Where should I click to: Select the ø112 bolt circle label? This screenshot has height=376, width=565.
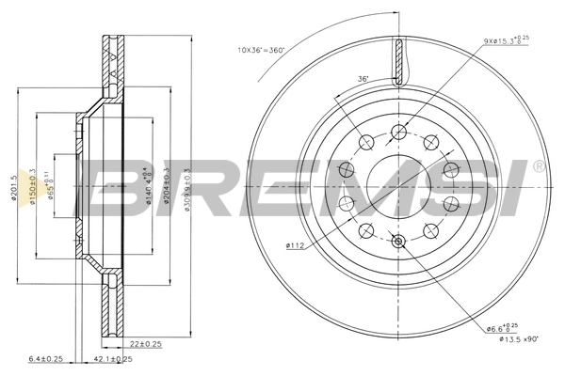pos(295,247)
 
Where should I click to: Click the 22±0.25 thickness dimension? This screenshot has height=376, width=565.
pos(147,343)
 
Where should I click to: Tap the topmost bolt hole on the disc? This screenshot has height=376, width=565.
pos(398,130)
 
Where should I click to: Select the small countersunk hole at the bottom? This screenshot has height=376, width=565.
pos(398,242)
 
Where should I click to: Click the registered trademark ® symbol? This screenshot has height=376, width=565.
pos(537,166)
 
